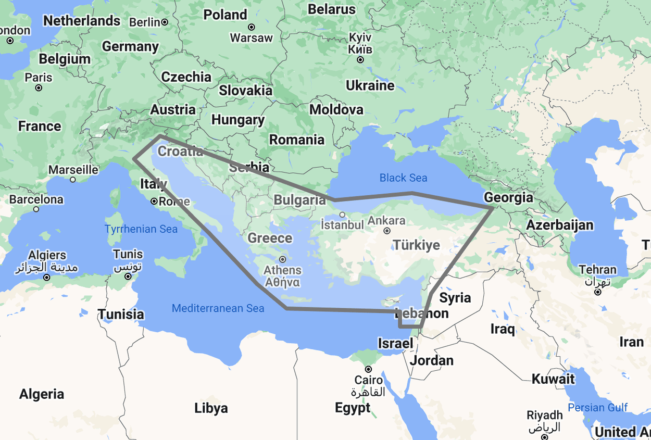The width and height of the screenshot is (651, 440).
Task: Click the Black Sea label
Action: coord(403,178)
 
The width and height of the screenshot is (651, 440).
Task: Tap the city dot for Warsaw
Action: coord(252,27)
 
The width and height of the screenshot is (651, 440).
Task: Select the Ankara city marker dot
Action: coord(387,231)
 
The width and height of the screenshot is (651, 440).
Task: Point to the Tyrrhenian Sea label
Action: coord(141,229)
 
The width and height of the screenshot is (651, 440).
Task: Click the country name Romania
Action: coord(296,140)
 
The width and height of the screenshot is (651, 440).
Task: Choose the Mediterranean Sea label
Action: coord(218,308)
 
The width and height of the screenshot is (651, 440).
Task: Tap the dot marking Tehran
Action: coord(598,292)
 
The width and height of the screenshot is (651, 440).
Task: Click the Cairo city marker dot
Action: coord(368,369)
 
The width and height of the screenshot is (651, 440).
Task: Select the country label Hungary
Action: coord(237,120)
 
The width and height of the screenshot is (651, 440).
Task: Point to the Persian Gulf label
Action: coord(598,408)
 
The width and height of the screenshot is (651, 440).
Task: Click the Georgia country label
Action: coord(508,197)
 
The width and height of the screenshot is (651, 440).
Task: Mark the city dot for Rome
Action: coord(154,201)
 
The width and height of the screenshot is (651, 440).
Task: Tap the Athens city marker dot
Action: coord(282,259)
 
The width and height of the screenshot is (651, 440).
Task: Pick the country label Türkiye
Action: coord(416,245)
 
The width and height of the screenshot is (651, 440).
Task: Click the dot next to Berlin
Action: coord(165,22)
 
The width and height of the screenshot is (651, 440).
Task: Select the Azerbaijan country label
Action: coord(559,225)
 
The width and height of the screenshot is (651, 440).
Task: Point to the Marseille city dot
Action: coord(73,180)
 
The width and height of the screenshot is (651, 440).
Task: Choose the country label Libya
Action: coord(211,408)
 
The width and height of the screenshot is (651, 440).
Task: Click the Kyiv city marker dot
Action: coord(360,60)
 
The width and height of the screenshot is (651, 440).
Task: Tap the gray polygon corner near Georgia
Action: coord(493,208)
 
